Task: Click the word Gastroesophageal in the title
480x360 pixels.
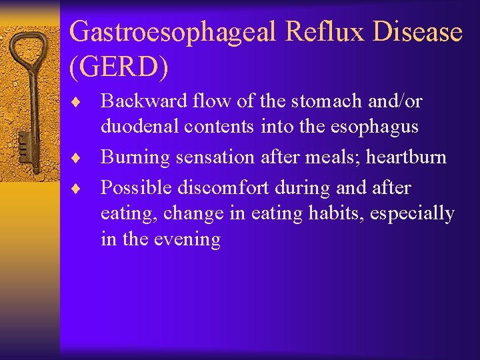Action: click(x=173, y=32)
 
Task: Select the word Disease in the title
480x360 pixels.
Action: click(x=421, y=32)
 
